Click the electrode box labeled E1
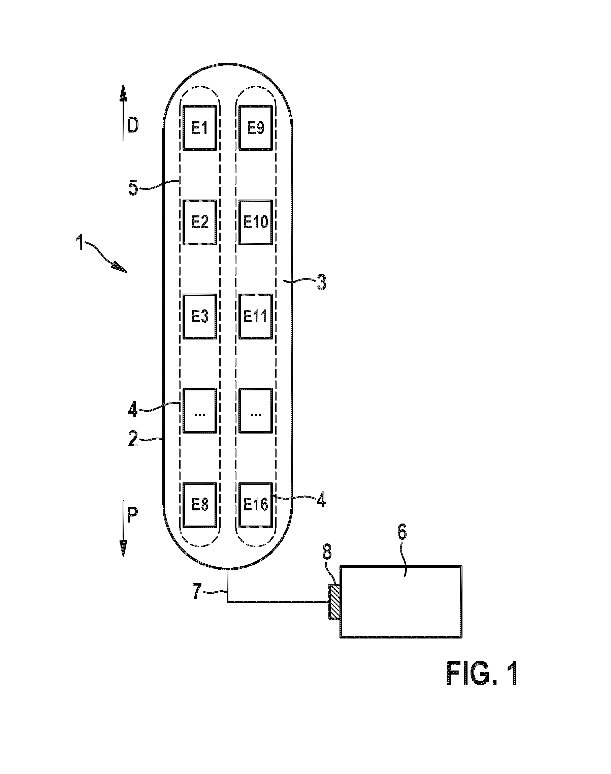pos(200,128)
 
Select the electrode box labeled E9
pos(256,128)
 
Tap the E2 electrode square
pos(200,222)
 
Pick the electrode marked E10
pos(256,222)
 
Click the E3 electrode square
pos(200,317)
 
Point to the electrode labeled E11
pos(256,317)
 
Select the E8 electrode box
pos(200,505)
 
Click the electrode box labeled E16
pos(256,505)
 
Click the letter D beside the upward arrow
pos(133,126)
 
